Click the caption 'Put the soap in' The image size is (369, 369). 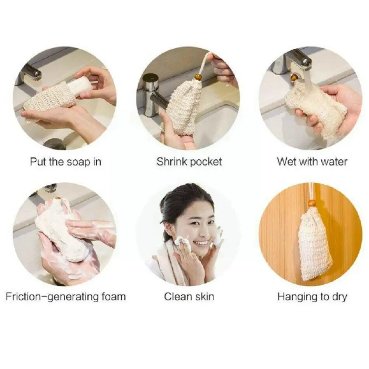[66, 161]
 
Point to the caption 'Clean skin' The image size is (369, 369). [189, 296]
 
